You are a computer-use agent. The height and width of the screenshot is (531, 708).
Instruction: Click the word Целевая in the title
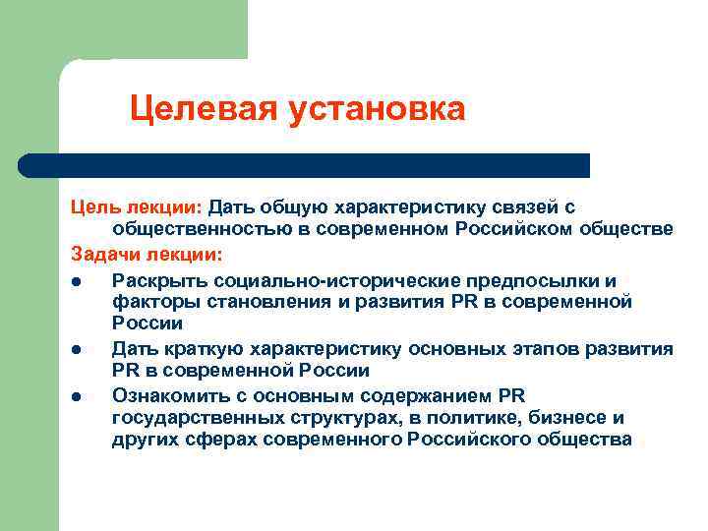tap(203, 109)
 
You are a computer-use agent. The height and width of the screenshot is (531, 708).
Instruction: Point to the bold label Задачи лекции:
tap(147, 255)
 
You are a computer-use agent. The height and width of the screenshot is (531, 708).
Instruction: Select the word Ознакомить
tap(169, 395)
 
